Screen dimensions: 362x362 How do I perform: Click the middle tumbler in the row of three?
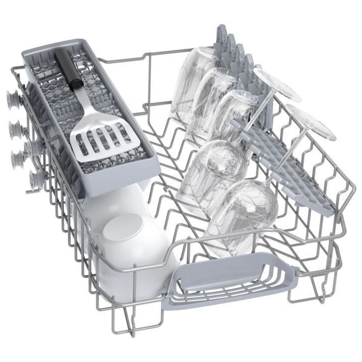point(211,103)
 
